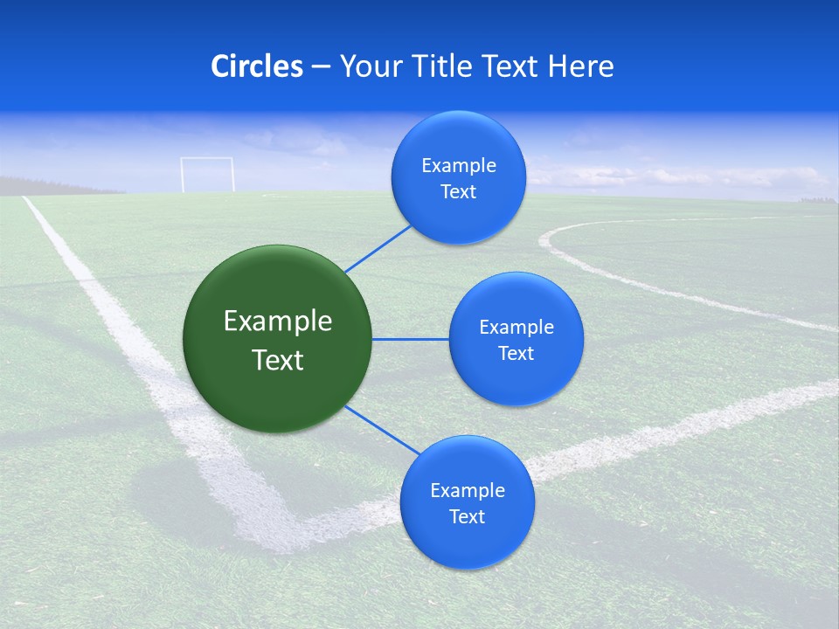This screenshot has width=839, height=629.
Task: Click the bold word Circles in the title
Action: coord(256,66)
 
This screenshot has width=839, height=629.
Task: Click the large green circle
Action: coord(277,339)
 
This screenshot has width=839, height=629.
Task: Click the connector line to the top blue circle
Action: coord(378,248)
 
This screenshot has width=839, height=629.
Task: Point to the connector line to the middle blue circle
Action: coord(411,339)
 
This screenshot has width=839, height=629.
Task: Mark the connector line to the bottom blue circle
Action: coord(382,431)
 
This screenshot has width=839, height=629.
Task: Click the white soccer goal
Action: coord(207,174)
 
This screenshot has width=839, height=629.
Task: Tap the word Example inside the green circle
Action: coord(277,321)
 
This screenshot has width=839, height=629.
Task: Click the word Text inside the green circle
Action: coord(277,360)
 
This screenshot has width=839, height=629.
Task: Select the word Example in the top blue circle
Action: coord(458,166)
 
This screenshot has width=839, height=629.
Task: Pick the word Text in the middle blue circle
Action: coord(516,354)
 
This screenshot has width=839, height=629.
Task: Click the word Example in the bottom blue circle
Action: coord(467,491)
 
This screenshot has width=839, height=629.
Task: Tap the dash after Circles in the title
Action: coord(320,66)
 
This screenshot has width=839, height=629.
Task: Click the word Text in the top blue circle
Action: coord(458,192)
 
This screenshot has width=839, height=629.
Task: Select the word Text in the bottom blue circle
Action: coord(467,517)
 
